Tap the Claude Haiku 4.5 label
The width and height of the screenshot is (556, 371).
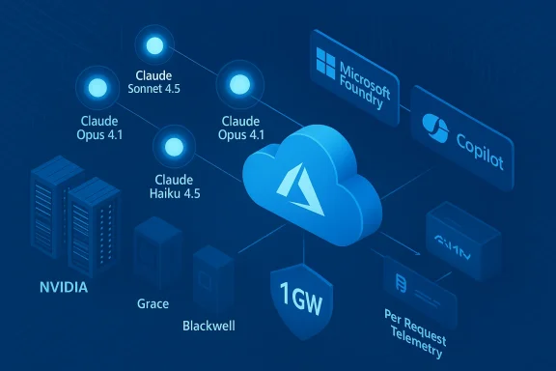pyautogui.click(x=175, y=186)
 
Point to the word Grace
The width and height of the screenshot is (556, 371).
pyautogui.click(x=153, y=303)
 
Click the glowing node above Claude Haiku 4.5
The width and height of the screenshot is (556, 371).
pyautogui.click(x=175, y=148)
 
